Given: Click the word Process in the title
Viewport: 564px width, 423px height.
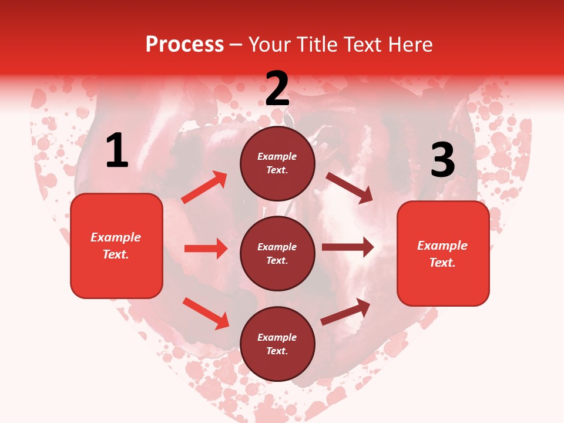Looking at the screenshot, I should click(184, 45).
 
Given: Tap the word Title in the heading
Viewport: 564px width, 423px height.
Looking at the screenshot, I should click(315, 45).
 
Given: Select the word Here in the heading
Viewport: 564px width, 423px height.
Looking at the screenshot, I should click(409, 45).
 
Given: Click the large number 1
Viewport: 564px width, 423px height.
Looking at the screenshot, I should click(117, 151).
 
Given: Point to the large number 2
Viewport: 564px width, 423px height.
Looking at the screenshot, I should click(277, 89).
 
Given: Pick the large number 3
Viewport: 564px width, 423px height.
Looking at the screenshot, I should click(442, 160).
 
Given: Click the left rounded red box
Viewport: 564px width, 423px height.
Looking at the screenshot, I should click(116, 246).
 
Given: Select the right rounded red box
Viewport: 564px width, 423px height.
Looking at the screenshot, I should click(443, 254).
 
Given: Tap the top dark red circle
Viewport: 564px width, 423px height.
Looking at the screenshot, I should click(277, 163).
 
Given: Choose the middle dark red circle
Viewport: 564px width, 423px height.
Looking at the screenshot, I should click(277, 253).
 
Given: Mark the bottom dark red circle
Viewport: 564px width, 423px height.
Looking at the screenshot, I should click(277, 344).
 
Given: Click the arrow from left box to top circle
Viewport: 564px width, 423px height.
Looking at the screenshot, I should click(204, 187).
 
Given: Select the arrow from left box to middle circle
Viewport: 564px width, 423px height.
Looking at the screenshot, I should click(206, 249).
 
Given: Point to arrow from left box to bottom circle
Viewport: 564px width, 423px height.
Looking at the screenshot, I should click(206, 313).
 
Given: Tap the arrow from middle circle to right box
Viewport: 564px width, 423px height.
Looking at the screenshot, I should click(347, 247).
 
